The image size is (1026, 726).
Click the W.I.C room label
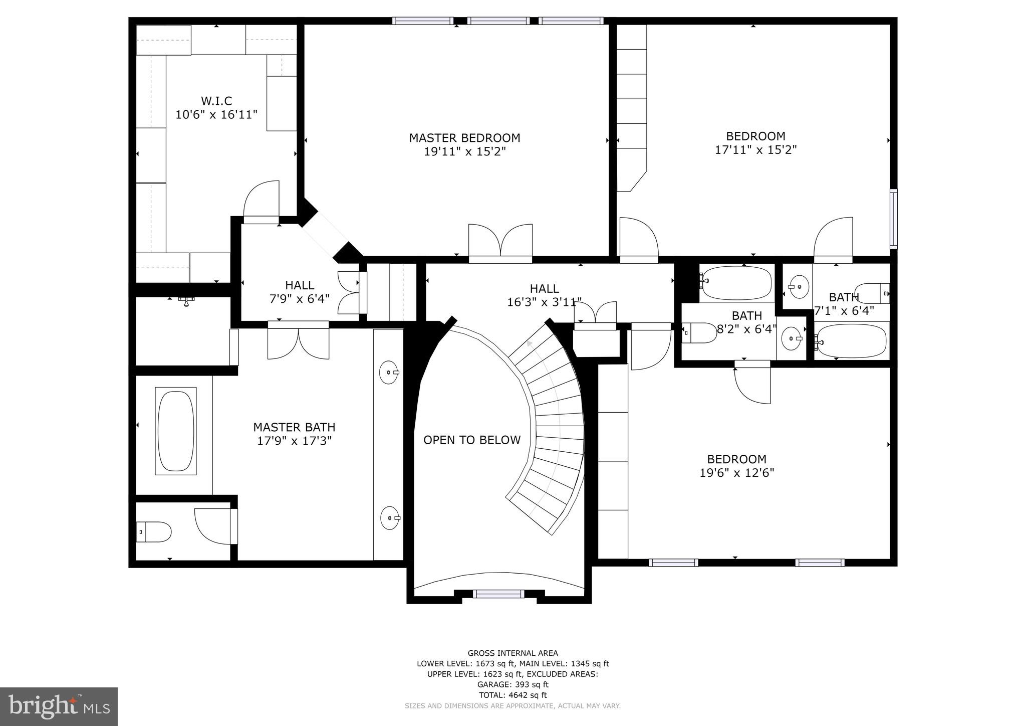pyautogui.click(x=216, y=101)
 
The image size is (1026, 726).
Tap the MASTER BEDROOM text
pyautogui.click(x=464, y=138)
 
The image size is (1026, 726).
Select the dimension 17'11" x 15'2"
pyautogui.click(x=755, y=149)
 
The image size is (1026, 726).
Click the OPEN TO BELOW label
pyautogui.click(x=472, y=440)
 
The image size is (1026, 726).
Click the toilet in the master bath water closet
pyautogui.click(x=154, y=531)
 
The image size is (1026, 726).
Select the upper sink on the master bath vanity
pyautogui.click(x=388, y=372)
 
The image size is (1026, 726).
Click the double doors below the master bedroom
pyautogui.click(x=500, y=243)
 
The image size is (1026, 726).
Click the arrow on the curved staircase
pyautogui.click(x=529, y=344)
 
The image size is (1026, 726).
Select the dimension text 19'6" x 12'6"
pyautogui.click(x=736, y=473)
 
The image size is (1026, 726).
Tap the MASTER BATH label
pyautogui.click(x=294, y=427)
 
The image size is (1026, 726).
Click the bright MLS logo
pyautogui.click(x=59, y=706)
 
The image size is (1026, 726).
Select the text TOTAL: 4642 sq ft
pyautogui.click(x=512, y=695)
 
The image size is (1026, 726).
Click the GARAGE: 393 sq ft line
pyautogui.click(x=512, y=684)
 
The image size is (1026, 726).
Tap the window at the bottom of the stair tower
pyautogui.click(x=498, y=594)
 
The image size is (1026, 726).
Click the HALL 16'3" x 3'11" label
pyautogui.click(x=544, y=295)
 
